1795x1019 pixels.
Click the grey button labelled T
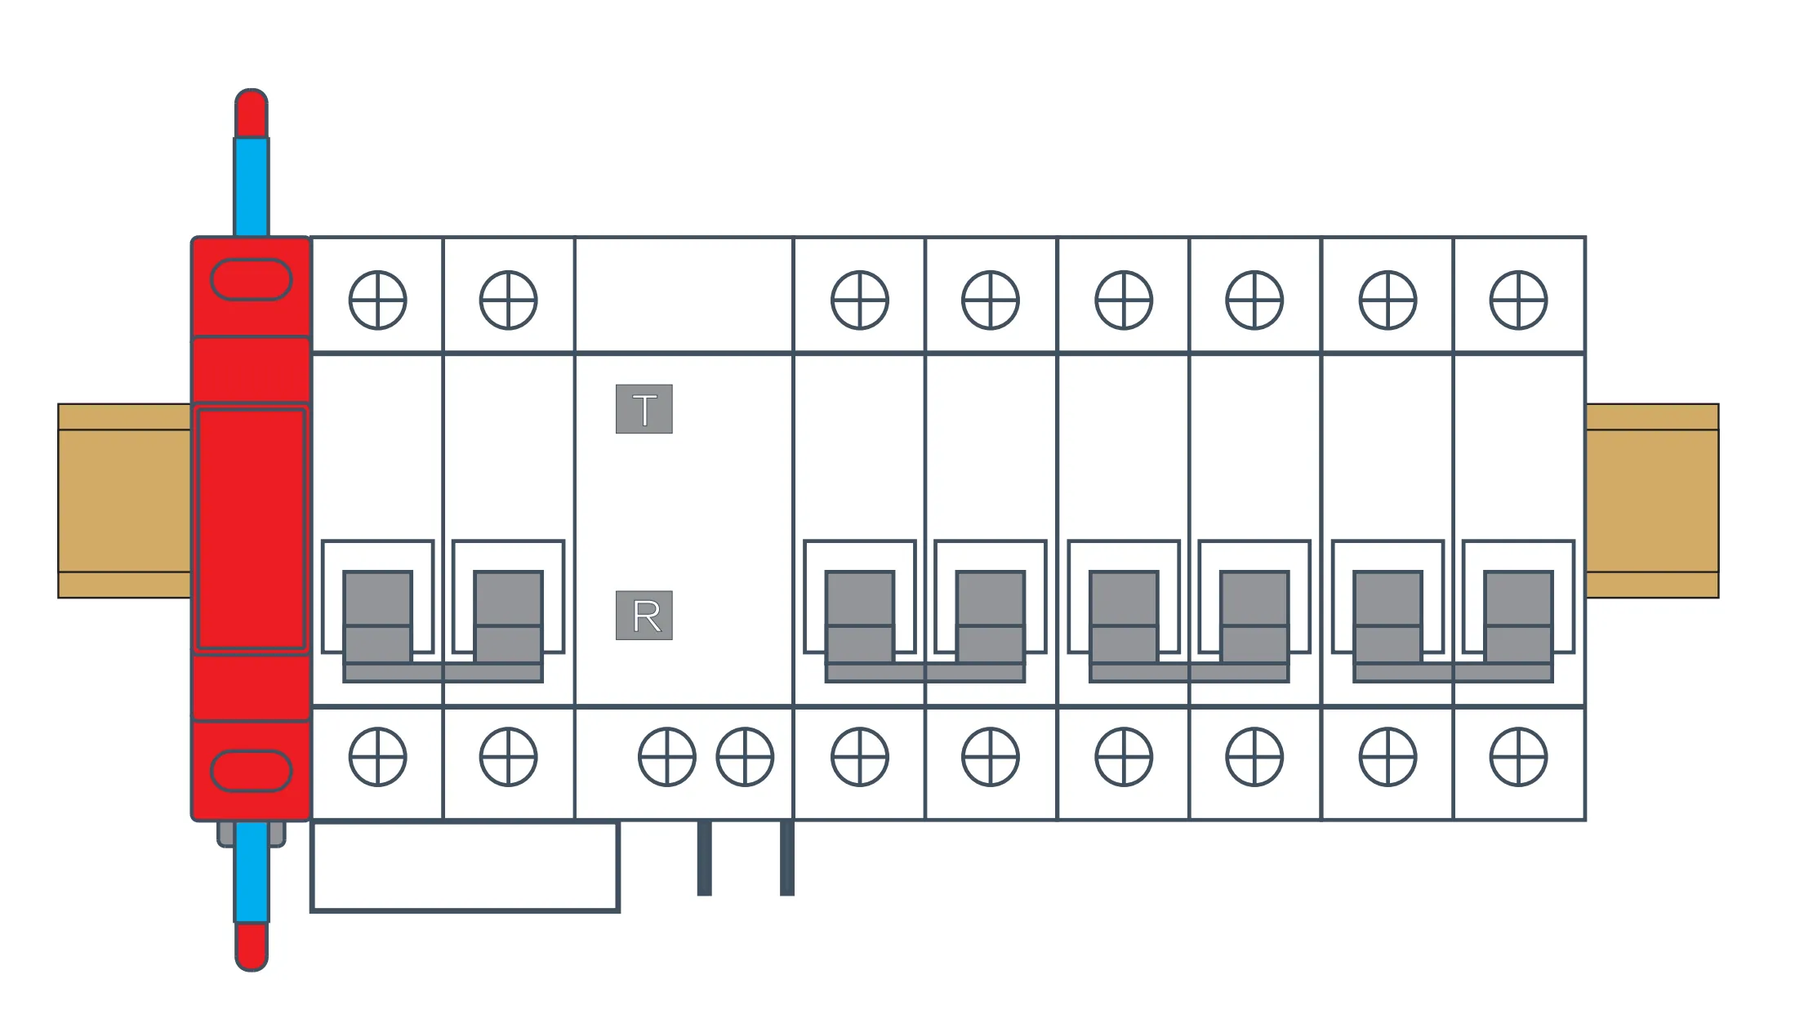[644, 409]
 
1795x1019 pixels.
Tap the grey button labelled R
[644, 616]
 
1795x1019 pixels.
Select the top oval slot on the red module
[252, 280]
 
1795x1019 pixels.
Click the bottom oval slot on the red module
[252, 771]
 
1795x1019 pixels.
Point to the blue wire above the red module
[252, 187]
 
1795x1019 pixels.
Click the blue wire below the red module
[252, 872]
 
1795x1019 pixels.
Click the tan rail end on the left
[124, 501]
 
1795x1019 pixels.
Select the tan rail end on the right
[1651, 501]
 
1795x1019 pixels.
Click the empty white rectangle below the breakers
[465, 866]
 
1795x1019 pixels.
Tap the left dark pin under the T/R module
[704, 857]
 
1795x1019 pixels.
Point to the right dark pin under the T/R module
[787, 857]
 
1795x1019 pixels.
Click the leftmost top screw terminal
[377, 300]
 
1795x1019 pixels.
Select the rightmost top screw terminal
[1518, 300]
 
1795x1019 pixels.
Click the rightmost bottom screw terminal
[1518, 757]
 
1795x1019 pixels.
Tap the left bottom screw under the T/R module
[666, 757]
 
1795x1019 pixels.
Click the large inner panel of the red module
[252, 529]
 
